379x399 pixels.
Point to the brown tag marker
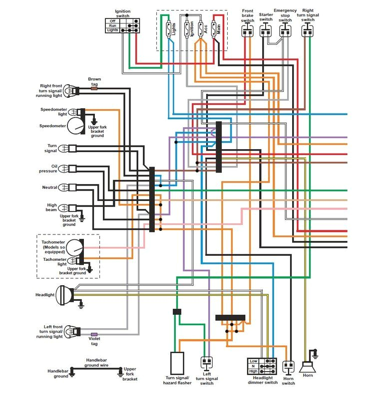[94, 86]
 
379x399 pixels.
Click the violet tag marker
[94, 334]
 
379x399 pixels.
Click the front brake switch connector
[247, 31]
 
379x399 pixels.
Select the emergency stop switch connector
[285, 31]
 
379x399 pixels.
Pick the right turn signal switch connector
[308, 31]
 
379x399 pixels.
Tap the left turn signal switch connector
[206, 363]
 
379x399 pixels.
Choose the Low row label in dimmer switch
[254, 361]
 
